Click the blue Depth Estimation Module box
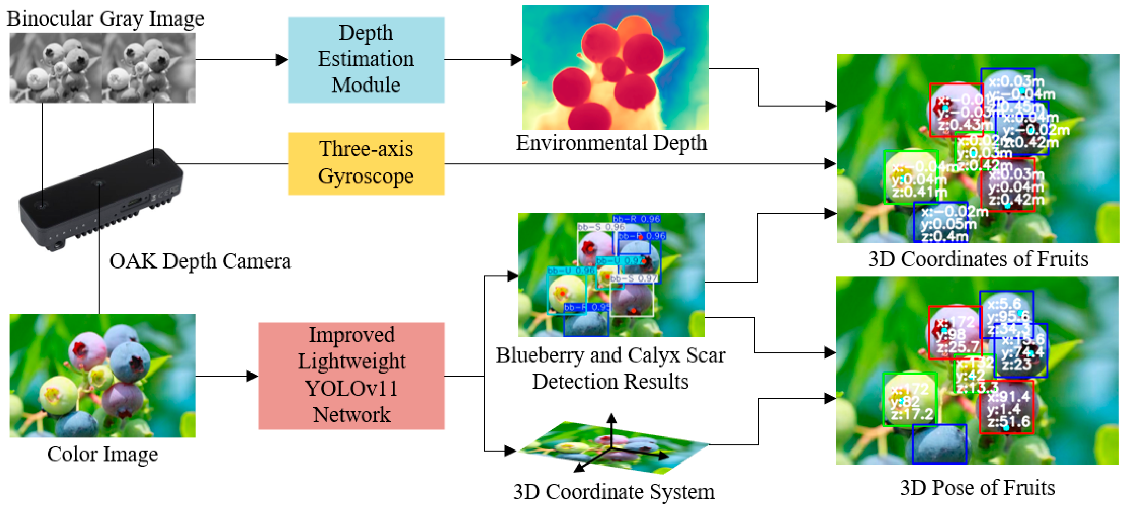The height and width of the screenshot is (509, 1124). [366, 60]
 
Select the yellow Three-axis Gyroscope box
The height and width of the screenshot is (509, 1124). [366, 164]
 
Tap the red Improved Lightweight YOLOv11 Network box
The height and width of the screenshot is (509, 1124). [352, 376]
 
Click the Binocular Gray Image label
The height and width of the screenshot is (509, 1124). [105, 19]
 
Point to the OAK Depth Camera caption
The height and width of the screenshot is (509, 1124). [200, 261]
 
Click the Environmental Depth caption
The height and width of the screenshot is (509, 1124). [611, 143]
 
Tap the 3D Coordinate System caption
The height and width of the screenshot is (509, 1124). [614, 492]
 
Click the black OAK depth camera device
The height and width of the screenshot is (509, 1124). [100, 201]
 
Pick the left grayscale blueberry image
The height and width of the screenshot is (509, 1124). [56, 68]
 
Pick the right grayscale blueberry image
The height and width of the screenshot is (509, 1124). [149, 68]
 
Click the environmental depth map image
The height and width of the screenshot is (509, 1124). [615, 68]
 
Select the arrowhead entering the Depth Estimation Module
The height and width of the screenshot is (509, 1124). [282, 60]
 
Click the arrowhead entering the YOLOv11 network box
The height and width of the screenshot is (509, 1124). [253, 376]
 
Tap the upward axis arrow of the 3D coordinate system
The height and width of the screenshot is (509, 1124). [612, 418]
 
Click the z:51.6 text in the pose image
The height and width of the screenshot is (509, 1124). [1008, 422]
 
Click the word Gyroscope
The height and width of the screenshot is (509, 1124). [366, 176]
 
